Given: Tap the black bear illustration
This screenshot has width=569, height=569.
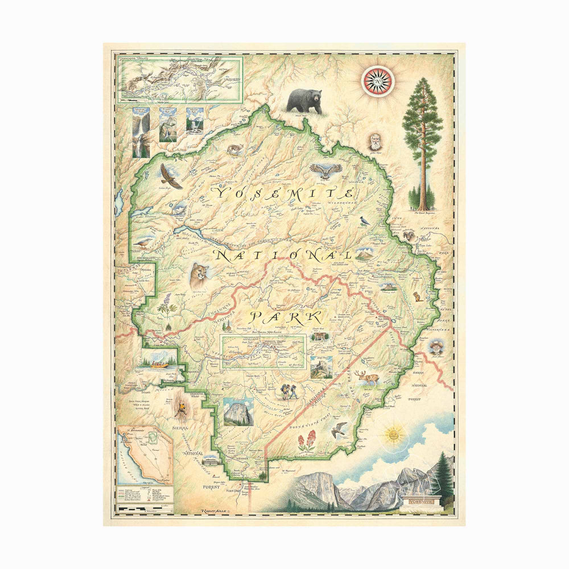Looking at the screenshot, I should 303,101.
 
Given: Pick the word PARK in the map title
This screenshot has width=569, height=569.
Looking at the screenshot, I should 287,316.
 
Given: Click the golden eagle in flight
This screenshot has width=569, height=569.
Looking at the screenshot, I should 170,176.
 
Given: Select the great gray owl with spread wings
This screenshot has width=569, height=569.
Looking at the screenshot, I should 326,170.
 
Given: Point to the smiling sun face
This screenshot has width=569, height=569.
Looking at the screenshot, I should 393,435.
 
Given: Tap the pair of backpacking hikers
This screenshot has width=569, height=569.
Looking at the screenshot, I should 287,393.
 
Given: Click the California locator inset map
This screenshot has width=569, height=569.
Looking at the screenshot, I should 145,455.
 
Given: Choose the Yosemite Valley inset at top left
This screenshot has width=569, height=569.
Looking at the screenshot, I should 179,79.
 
